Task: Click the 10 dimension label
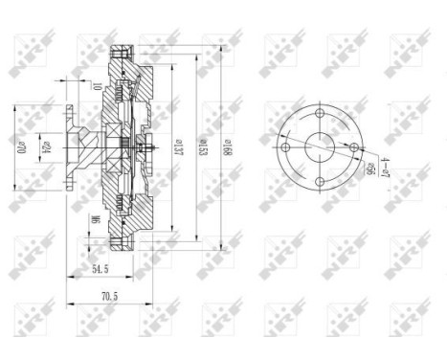pos(99,88)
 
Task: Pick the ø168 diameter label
pos(228,148)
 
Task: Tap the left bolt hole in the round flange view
pos(283,148)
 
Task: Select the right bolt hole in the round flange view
pos(353,147)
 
